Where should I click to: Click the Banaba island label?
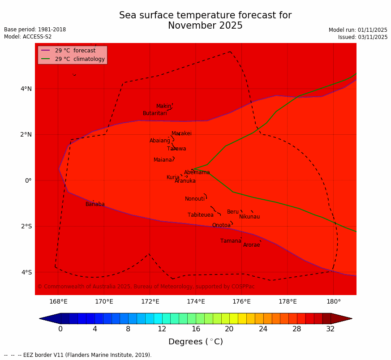(x=95, y=204)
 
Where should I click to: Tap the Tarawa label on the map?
(x=176, y=149)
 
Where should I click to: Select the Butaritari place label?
(x=155, y=113)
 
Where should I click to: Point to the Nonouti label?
(x=194, y=199)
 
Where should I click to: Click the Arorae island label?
(x=251, y=245)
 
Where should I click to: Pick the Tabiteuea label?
(x=200, y=215)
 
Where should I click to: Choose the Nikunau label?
(x=249, y=217)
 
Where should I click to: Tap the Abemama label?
(x=197, y=172)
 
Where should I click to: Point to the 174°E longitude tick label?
(x=196, y=302)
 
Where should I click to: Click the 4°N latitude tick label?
(x=26, y=89)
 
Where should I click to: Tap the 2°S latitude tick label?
(x=26, y=226)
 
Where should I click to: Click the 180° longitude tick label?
(x=333, y=302)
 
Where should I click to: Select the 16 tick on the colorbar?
(x=195, y=329)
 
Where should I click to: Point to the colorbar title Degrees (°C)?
(x=195, y=342)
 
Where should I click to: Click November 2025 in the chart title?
(x=205, y=26)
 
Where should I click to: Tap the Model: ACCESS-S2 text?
(x=28, y=37)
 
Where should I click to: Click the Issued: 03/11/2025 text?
(x=362, y=37)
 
